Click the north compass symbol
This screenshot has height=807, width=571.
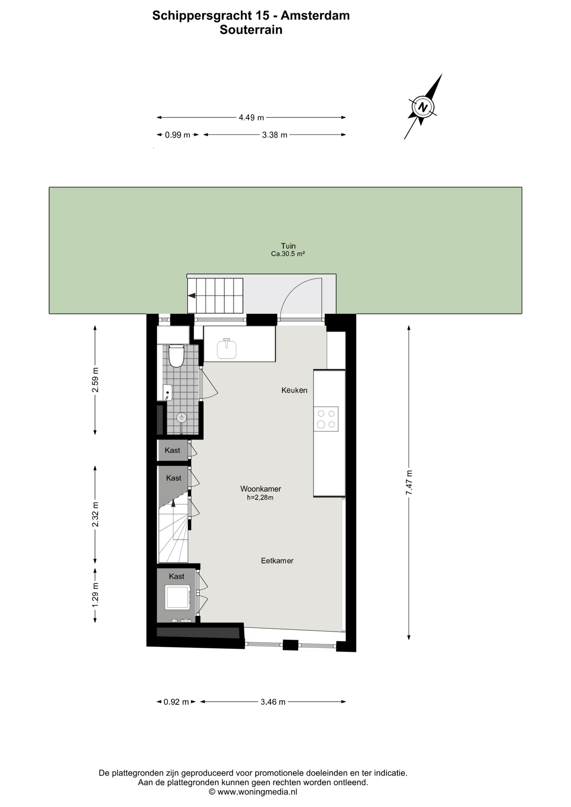pyautogui.click(x=423, y=107)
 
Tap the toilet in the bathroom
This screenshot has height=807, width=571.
pyautogui.click(x=176, y=356)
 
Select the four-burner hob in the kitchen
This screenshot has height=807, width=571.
pyautogui.click(x=326, y=419)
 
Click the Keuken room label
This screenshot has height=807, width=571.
pyautogui.click(x=294, y=390)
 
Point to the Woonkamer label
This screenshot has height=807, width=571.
pyautogui.click(x=261, y=489)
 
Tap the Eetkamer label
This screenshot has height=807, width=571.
pyautogui.click(x=277, y=560)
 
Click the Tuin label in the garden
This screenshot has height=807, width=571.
pyautogui.click(x=288, y=246)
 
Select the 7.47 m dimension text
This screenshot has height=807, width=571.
pyautogui.click(x=409, y=482)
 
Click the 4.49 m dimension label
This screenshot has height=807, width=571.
pyautogui.click(x=251, y=118)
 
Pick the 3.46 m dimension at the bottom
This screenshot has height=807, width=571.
pyautogui.click(x=273, y=702)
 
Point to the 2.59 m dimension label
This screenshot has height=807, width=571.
pyautogui.click(x=95, y=380)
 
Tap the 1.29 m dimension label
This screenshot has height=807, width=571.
pyautogui.click(x=95, y=594)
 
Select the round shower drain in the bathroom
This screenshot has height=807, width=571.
pyautogui.click(x=181, y=417)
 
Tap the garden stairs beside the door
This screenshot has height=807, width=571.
pyautogui.click(x=215, y=295)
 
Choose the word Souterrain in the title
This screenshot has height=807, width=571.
pyautogui.click(x=251, y=30)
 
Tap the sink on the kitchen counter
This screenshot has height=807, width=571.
pyautogui.click(x=227, y=349)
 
